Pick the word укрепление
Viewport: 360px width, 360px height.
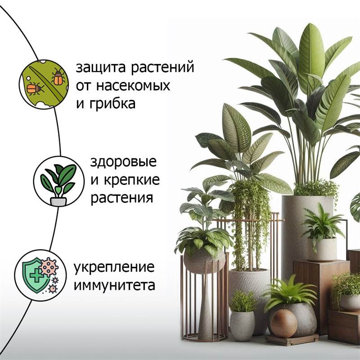pyautogui.click(x=114, y=267)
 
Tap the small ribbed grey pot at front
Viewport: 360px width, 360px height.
pyautogui.click(x=242, y=325)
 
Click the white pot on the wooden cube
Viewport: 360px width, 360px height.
pyautogui.click(x=321, y=249)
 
